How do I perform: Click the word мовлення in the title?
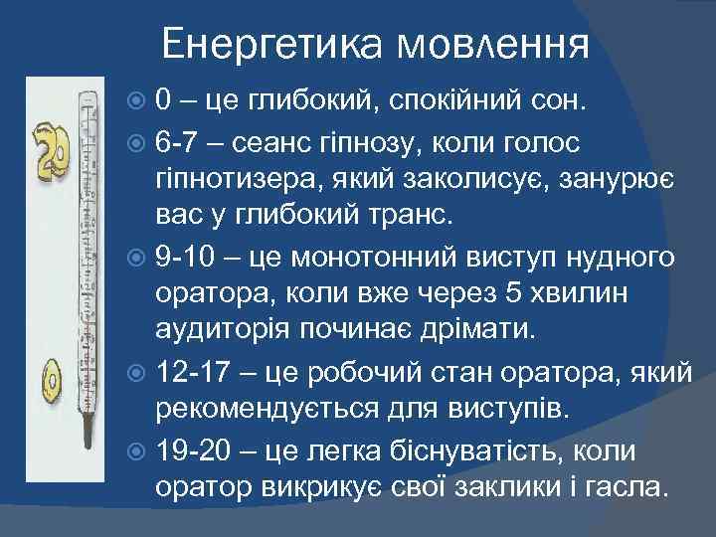point(494,44)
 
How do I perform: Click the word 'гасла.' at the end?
point(631,488)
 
